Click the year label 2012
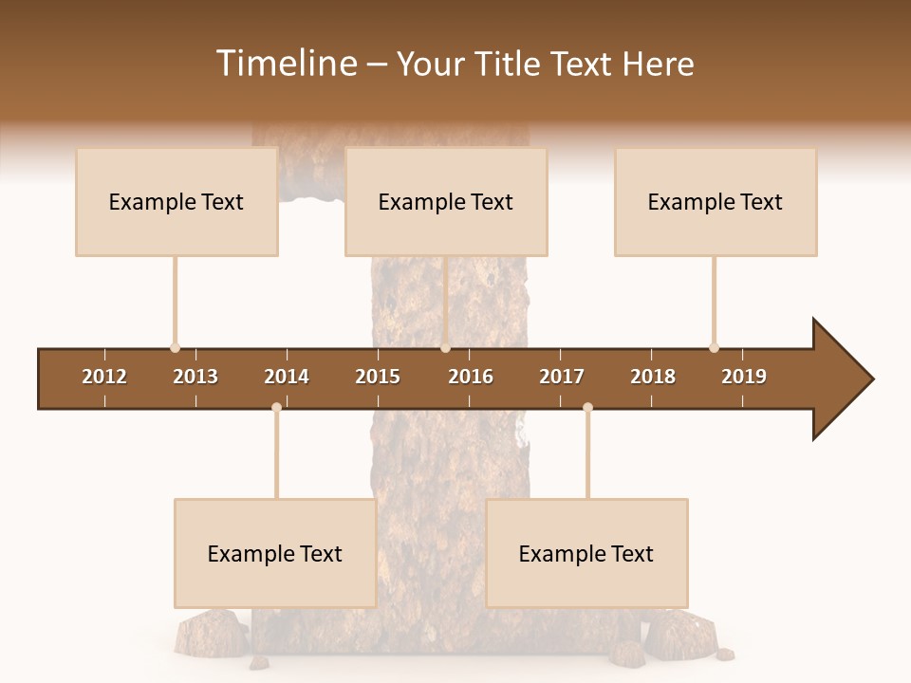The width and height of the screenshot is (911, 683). [104, 377]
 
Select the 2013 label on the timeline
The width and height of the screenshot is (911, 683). [195, 377]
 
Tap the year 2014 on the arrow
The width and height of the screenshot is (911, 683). [287, 377]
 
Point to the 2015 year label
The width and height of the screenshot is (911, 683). [378, 377]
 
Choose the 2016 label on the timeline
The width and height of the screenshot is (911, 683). [471, 377]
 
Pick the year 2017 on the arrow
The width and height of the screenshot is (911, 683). [562, 377]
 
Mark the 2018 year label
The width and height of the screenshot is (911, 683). [653, 377]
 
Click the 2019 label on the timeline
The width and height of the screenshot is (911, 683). [744, 377]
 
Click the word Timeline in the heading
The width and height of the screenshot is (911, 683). [284, 64]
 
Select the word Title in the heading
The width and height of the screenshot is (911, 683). [507, 64]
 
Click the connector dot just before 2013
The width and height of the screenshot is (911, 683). [175, 348]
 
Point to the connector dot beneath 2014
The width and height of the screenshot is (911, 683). [276, 407]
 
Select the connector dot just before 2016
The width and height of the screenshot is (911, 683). [445, 348]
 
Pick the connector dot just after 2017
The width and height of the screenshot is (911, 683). [587, 407]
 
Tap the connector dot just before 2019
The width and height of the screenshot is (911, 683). [714, 348]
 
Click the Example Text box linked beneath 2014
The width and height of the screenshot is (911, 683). [275, 553]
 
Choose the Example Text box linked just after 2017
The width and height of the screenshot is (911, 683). [586, 553]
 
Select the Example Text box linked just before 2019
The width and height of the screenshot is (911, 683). [716, 201]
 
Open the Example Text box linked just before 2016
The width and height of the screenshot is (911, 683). [446, 201]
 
